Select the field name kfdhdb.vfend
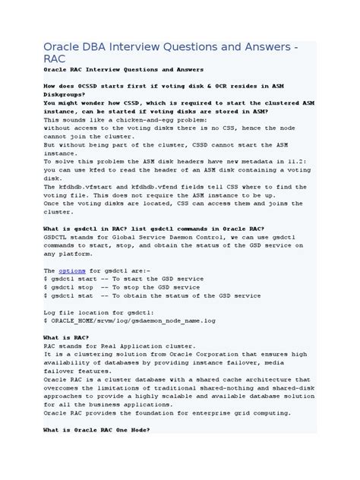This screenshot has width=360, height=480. point(155,186)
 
